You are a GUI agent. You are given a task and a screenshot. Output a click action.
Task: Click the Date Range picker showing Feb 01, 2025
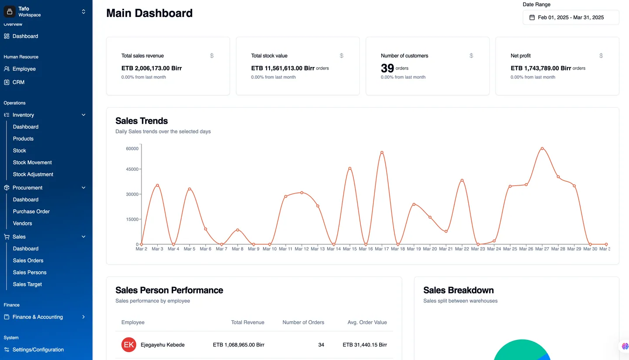pyautogui.click(x=570, y=17)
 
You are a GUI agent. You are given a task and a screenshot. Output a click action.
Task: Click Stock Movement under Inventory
pyautogui.click(x=32, y=163)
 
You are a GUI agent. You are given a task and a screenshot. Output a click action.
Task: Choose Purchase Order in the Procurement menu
pyautogui.click(x=31, y=211)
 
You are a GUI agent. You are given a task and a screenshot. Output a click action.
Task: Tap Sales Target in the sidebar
pyautogui.click(x=27, y=284)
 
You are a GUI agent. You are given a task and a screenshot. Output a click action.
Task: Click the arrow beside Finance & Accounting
pyautogui.click(x=83, y=317)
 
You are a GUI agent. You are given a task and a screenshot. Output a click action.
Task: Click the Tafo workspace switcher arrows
pyautogui.click(x=83, y=11)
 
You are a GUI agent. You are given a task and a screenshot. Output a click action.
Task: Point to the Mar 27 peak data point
pyautogui.click(x=542, y=149)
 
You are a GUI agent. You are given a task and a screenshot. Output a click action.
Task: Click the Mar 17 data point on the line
pyautogui.click(x=382, y=152)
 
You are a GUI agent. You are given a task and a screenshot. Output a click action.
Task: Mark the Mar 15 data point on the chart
pyautogui.click(x=350, y=169)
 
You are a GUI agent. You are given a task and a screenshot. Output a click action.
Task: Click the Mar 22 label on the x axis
pyautogui.click(x=462, y=249)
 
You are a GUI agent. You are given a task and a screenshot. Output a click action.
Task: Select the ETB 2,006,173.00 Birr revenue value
pyautogui.click(x=152, y=68)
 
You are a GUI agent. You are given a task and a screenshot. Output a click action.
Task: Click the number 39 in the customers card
pyautogui.click(x=387, y=68)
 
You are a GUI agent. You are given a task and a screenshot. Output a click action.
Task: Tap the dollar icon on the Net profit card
pyautogui.click(x=601, y=55)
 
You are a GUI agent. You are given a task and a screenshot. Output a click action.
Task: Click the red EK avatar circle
pyautogui.click(x=129, y=345)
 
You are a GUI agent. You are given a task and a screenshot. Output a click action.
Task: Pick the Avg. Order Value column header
pyautogui.click(x=367, y=322)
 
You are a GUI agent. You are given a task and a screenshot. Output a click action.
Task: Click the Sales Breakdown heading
pyautogui.click(x=458, y=290)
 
